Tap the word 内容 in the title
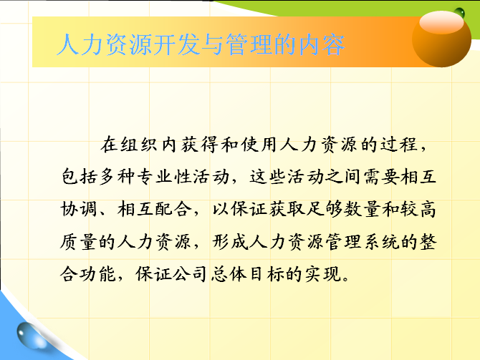[322, 45]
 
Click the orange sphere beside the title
[441, 39]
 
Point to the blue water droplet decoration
[32, 336]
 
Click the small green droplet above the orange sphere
[459, 13]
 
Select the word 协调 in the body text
[79, 210]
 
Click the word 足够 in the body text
[324, 210]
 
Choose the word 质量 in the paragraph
[78, 242]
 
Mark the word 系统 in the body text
[381, 242]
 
